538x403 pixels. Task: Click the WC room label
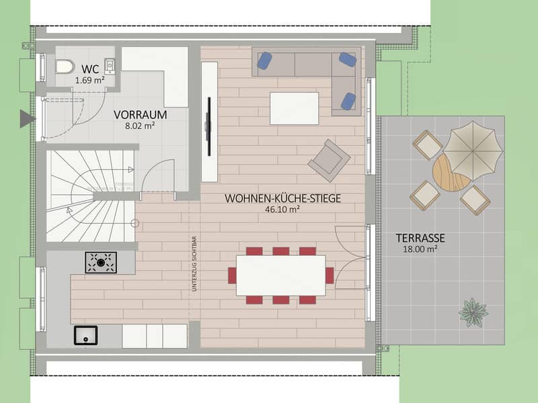point(90,69)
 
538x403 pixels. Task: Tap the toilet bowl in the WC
point(65,66)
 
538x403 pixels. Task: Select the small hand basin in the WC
point(110,66)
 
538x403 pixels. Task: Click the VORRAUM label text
point(141,115)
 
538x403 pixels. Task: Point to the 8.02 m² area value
point(140,126)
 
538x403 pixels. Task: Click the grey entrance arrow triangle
point(28,119)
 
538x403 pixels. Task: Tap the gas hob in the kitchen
point(101,263)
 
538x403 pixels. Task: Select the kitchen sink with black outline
point(86,335)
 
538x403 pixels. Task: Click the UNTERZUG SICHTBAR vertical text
point(194,264)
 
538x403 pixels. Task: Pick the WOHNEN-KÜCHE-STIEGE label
point(282,198)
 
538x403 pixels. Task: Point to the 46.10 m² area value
point(282,210)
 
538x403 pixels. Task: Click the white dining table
point(281,275)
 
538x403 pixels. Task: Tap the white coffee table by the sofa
point(295,108)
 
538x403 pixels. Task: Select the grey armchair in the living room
point(329,161)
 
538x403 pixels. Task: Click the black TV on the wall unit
point(208,126)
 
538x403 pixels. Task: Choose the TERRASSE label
point(420,238)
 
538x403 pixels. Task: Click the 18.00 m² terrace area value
point(420,249)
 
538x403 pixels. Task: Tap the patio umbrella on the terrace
point(473,150)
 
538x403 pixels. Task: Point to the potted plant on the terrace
point(473,312)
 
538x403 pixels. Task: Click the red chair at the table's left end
point(232,275)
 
